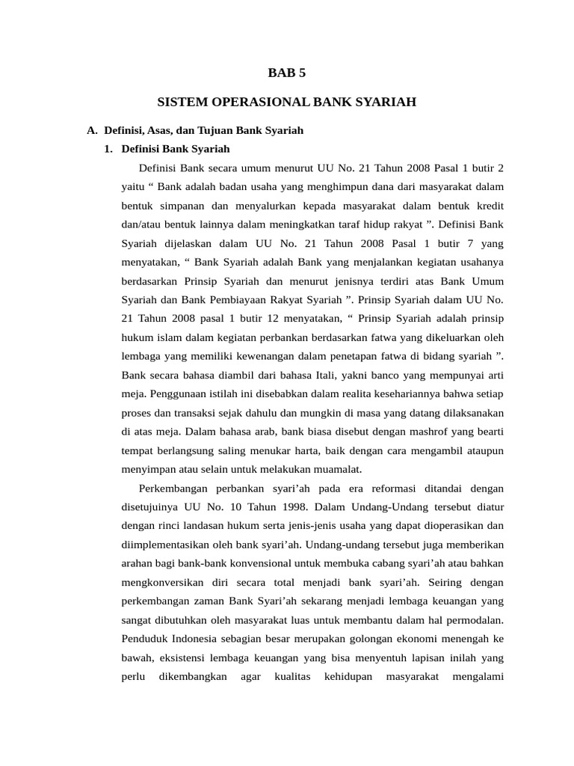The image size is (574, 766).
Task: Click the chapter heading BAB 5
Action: point(287,73)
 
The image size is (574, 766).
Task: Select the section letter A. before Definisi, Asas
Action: point(92,130)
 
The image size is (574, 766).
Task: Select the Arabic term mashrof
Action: point(422,431)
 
